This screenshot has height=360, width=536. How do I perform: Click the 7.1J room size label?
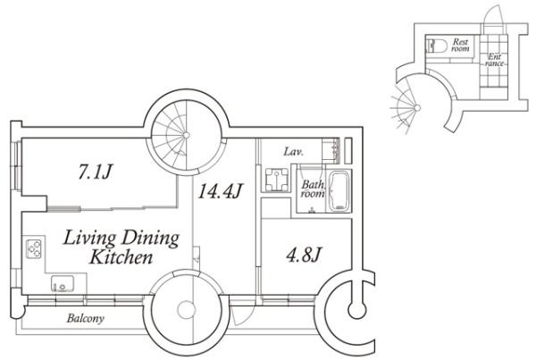pos(95,172)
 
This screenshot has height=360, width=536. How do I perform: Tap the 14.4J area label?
pos(221,190)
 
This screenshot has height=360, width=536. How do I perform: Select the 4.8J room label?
pos(304,254)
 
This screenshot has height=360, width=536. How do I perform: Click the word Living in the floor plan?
pos(89,238)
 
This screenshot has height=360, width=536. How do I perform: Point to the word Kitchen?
pos(121,257)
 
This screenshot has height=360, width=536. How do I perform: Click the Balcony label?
pos(86,318)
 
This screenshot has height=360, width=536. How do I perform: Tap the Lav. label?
pos(293,152)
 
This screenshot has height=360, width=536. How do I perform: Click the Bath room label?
pos(313,189)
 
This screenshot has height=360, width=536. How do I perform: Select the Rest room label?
pos(460,46)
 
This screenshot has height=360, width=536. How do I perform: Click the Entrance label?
pos(494,60)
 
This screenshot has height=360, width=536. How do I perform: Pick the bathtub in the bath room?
pos(339,191)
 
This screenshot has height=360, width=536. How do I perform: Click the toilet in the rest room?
pos(437,46)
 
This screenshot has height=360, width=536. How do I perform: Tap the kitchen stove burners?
pos(34,248)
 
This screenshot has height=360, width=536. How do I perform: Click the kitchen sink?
pos(63,284)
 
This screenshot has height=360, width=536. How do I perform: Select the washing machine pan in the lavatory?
pos(276,179)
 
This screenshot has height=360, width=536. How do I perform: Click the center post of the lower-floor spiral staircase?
pos(187,136)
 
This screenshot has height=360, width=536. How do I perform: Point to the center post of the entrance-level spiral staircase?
pos(417,108)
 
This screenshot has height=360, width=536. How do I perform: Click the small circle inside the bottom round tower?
pos(187,309)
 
